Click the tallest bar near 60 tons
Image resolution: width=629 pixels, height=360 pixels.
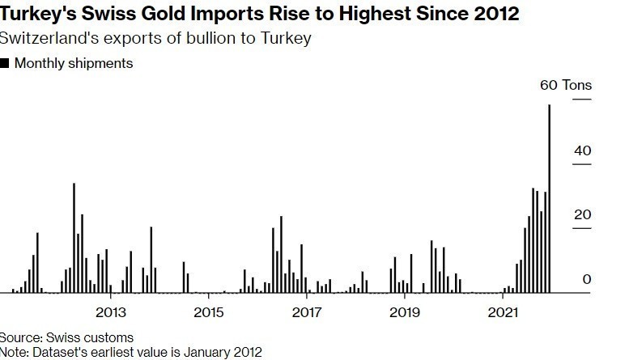(x=550, y=198)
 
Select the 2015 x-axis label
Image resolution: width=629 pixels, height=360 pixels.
(x=208, y=311)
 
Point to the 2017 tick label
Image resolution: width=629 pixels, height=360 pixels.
(x=306, y=311)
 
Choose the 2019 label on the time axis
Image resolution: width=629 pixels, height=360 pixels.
(x=404, y=311)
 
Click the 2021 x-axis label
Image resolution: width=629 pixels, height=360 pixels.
(x=503, y=311)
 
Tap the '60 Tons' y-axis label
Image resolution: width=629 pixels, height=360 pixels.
(x=566, y=85)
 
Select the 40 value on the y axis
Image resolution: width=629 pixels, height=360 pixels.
(x=584, y=151)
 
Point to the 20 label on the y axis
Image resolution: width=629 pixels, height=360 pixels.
(x=583, y=215)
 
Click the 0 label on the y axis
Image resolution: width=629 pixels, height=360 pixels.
(x=588, y=279)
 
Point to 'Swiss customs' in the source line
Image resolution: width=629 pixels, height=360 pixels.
(x=85, y=337)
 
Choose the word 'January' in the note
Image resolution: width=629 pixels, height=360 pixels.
(x=196, y=352)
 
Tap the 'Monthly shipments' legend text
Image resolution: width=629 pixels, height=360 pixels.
(x=73, y=63)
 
